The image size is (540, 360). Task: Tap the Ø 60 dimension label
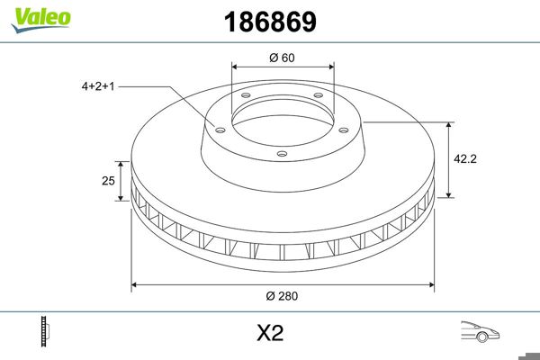[283, 58]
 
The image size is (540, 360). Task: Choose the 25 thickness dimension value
[108, 181]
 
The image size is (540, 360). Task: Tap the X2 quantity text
[270, 334]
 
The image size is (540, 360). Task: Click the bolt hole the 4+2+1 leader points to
[217, 127]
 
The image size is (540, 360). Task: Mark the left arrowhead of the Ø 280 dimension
[136, 285]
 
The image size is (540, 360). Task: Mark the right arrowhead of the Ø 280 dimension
[431, 285]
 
